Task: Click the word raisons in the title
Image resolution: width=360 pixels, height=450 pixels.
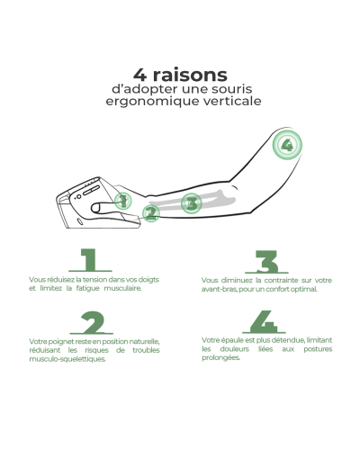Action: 190,75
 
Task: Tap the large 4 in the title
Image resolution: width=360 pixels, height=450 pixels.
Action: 139,75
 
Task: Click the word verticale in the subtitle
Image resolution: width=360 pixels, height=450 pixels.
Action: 232,101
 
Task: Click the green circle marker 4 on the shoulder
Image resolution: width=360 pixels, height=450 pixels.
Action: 287,145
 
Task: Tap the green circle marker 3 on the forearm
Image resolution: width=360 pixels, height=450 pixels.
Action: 192,203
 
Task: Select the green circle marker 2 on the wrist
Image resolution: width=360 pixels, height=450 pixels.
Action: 150,213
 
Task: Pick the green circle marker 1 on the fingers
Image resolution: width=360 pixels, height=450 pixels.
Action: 123,201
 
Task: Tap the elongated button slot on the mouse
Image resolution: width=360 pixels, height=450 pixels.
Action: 91,191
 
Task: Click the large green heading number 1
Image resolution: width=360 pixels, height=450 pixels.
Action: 90,260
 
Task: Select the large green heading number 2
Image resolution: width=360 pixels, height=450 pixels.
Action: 92,323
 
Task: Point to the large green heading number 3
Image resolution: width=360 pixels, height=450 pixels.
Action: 266,262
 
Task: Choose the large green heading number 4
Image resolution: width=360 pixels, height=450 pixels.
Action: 264,322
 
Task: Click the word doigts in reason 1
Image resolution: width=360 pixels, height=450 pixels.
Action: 148,280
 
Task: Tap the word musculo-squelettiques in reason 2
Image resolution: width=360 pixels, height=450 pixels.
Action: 67,359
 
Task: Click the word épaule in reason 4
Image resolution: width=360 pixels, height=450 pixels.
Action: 228,340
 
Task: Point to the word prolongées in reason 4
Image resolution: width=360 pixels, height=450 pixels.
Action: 220,358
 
